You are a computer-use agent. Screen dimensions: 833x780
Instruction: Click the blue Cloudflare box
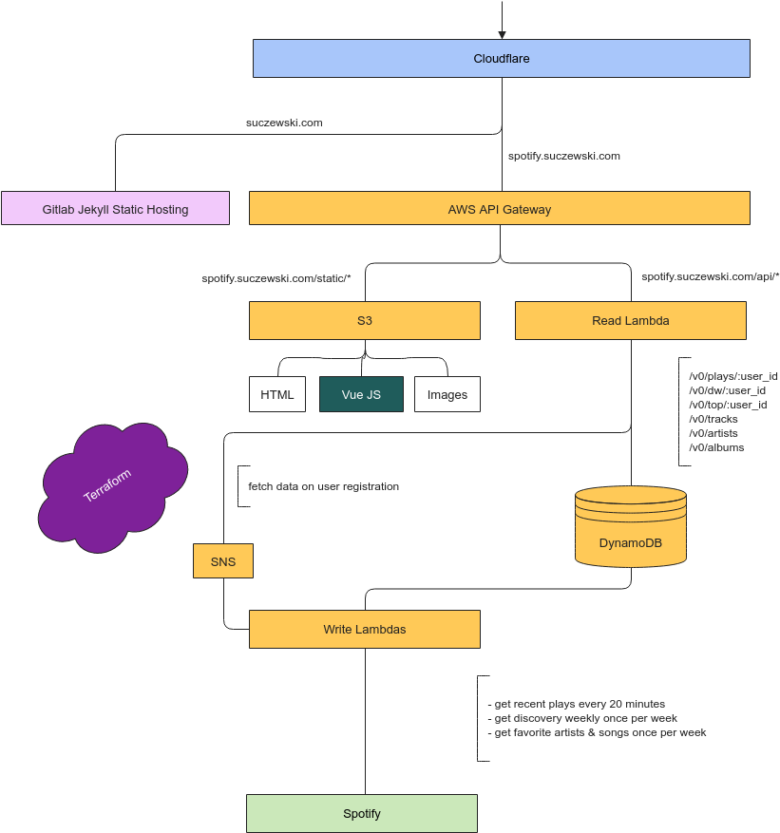pos(501,58)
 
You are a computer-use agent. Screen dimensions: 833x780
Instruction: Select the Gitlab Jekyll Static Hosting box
pos(115,208)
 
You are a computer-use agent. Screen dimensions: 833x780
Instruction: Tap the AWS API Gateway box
pos(499,208)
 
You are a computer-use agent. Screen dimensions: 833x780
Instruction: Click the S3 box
pos(364,320)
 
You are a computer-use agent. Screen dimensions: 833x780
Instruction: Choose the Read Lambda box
pos(630,320)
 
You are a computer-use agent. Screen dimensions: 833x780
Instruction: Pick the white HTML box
pos(277,394)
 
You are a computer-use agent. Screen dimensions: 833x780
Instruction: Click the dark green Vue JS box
pos(361,394)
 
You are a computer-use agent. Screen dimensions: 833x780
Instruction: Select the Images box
pos(447,394)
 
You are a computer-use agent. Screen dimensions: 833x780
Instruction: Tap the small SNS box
pos(222,561)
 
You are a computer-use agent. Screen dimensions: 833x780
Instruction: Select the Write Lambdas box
pos(364,629)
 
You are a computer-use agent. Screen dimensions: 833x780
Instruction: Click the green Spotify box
pos(361,813)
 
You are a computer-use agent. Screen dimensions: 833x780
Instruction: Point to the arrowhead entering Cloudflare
pos(502,34)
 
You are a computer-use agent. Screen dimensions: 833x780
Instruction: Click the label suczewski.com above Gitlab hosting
pos(284,123)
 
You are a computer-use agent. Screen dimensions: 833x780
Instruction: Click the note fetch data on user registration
pos(323,486)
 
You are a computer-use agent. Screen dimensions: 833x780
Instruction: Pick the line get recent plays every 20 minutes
pos(580,704)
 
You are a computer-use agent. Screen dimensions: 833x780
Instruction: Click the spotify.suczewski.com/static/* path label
pos(276,277)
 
